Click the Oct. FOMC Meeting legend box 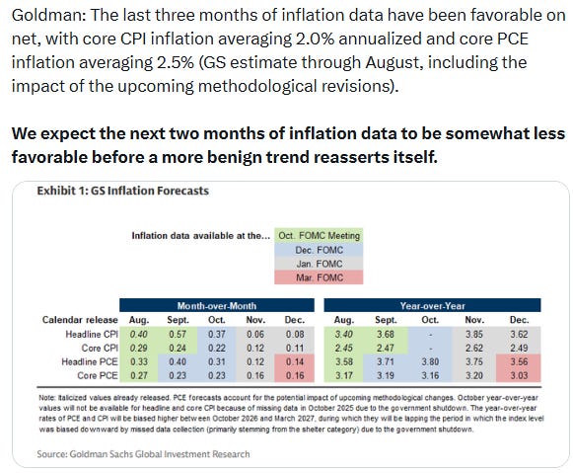[319, 236]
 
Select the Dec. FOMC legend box [319, 250]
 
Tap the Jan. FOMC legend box [319, 264]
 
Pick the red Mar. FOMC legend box [319, 277]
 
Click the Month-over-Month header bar [217, 305]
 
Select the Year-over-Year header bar [432, 305]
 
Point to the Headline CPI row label [92, 334]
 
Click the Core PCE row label [98, 375]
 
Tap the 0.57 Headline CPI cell [178, 334]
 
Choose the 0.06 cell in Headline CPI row [255, 334]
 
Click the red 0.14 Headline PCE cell [295, 361]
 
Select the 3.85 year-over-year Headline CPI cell [474, 334]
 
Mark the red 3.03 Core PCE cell [519, 375]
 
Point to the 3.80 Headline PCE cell [430, 361]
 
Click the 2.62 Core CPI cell [474, 348]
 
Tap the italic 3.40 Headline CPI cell [343, 334]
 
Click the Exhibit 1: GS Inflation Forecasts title [122, 191]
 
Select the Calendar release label [80, 320]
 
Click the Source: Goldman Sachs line [143, 454]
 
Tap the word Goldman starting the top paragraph [48, 16]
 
